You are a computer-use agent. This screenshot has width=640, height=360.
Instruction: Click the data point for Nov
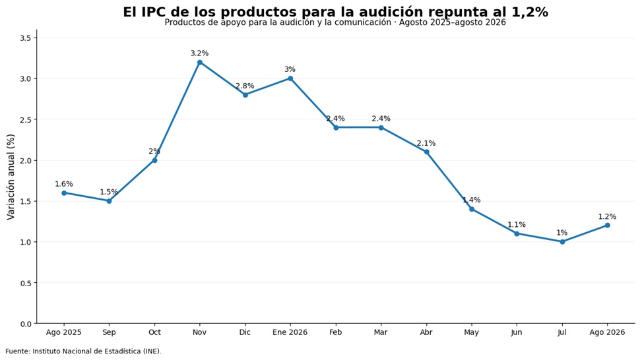click(200, 63)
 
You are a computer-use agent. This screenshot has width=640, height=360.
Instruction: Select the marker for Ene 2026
click(290, 78)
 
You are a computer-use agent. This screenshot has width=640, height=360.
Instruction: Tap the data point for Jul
click(562, 242)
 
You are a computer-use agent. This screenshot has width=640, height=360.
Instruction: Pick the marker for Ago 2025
click(64, 193)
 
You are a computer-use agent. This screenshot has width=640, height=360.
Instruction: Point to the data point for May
click(472, 209)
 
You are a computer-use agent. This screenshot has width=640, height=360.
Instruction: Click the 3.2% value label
click(200, 53)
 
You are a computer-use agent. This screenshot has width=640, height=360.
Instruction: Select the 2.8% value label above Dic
click(245, 86)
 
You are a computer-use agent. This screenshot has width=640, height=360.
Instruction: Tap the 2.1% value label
click(426, 143)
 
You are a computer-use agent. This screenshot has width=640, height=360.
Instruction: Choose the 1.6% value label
click(64, 184)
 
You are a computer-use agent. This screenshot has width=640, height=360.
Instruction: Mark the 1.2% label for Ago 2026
click(608, 216)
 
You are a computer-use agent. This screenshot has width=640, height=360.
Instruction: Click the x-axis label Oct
click(154, 332)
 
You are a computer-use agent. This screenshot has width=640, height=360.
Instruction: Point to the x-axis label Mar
click(381, 332)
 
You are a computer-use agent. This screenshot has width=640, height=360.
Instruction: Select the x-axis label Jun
click(517, 332)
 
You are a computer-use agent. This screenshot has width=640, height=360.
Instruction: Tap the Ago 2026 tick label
click(608, 332)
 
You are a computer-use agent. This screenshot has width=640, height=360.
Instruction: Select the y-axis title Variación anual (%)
click(11, 177)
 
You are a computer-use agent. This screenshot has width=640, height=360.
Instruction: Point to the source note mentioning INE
click(83, 351)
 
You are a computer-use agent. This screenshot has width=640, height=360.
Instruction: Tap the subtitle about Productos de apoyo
click(335, 23)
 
